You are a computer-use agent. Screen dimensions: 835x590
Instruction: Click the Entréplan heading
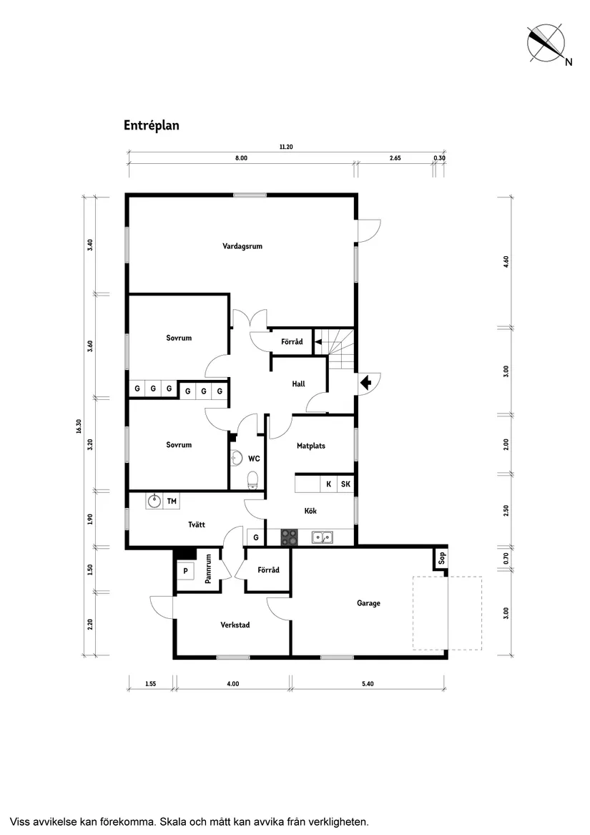tap(151, 125)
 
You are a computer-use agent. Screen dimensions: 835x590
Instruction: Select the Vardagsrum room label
tap(242, 246)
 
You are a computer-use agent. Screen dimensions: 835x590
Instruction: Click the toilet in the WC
tap(252, 479)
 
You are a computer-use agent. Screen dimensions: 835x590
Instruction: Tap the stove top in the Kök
tap(289, 537)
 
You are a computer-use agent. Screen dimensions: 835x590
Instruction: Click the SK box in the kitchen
tap(345, 484)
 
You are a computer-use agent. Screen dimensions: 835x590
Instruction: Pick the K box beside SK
tap(328, 484)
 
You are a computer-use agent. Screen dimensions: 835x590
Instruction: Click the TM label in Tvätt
tap(172, 501)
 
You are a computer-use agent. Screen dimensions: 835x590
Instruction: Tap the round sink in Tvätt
tap(154, 501)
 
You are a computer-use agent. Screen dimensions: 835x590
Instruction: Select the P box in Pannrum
tap(186, 571)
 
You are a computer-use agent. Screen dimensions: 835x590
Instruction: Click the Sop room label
tap(441, 558)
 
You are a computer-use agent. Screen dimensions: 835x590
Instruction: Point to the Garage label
tap(368, 603)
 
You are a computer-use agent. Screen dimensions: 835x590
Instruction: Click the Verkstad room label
tap(235, 625)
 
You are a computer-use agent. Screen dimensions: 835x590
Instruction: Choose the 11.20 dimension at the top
tap(286, 147)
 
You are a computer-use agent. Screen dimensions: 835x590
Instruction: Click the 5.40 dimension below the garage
tap(368, 684)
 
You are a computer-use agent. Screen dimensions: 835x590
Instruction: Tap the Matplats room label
tap(311, 446)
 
